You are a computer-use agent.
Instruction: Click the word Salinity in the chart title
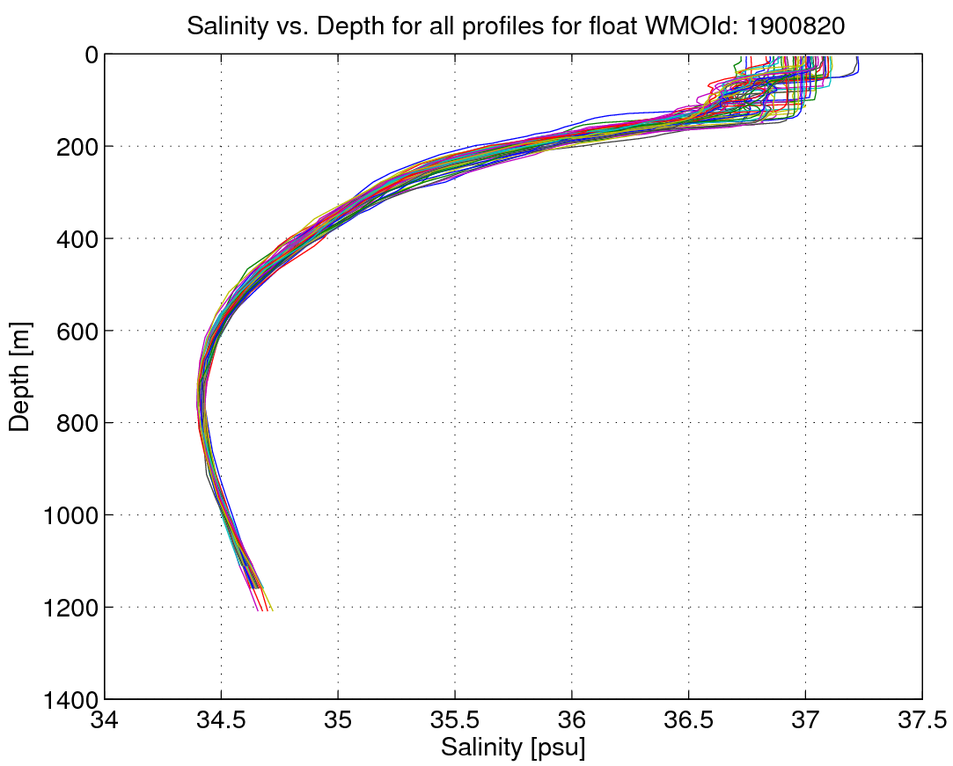pos(227,26)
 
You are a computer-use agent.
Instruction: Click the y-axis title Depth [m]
pos(19,376)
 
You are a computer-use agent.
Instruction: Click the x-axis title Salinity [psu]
pos(513,748)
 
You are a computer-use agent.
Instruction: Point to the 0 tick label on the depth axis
pos(92,55)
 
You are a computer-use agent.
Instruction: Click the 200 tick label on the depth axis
pos(77,146)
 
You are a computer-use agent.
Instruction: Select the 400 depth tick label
pos(77,238)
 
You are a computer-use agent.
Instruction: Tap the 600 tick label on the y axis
pos(77,331)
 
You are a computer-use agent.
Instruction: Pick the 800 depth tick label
pos(77,423)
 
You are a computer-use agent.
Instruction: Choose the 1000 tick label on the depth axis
pos(70,515)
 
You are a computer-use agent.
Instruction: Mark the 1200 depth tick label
pos(70,607)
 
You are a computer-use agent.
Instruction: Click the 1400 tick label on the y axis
pos(70,699)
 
